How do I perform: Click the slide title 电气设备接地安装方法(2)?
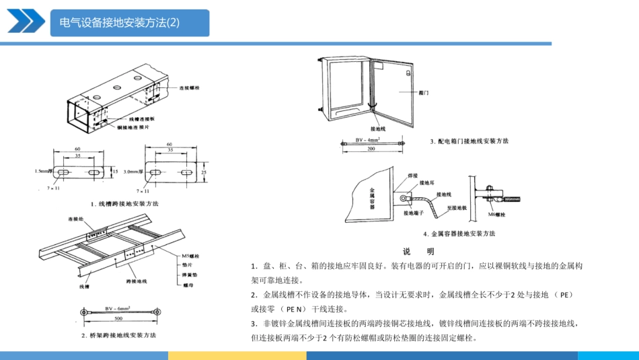click(120, 23)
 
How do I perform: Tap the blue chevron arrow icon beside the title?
click(24, 22)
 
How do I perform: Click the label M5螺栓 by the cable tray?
click(191, 256)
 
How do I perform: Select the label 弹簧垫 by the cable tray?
click(190, 275)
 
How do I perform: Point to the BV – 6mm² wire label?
click(118, 307)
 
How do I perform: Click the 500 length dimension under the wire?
click(118, 319)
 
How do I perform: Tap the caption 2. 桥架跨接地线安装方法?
click(118, 334)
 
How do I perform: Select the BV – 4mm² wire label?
click(367, 139)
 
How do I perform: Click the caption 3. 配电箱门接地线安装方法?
click(469, 141)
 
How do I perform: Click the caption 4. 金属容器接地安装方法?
click(459, 233)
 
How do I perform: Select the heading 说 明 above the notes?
click(418, 251)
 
